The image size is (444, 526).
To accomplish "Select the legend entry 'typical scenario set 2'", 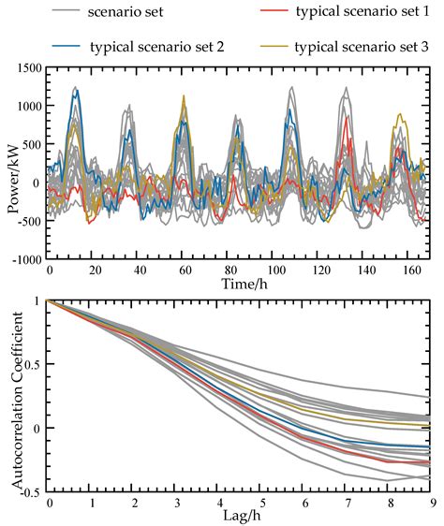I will [x=155, y=47].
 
